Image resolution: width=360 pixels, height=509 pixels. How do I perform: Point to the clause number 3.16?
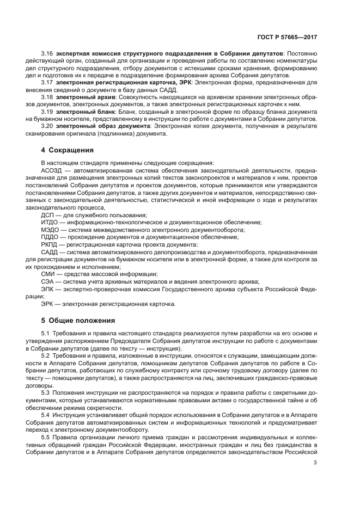coord(47,54)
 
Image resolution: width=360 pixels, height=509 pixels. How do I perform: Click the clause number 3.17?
coord(47,82)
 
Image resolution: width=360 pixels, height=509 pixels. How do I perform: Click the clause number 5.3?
coord(46,393)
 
